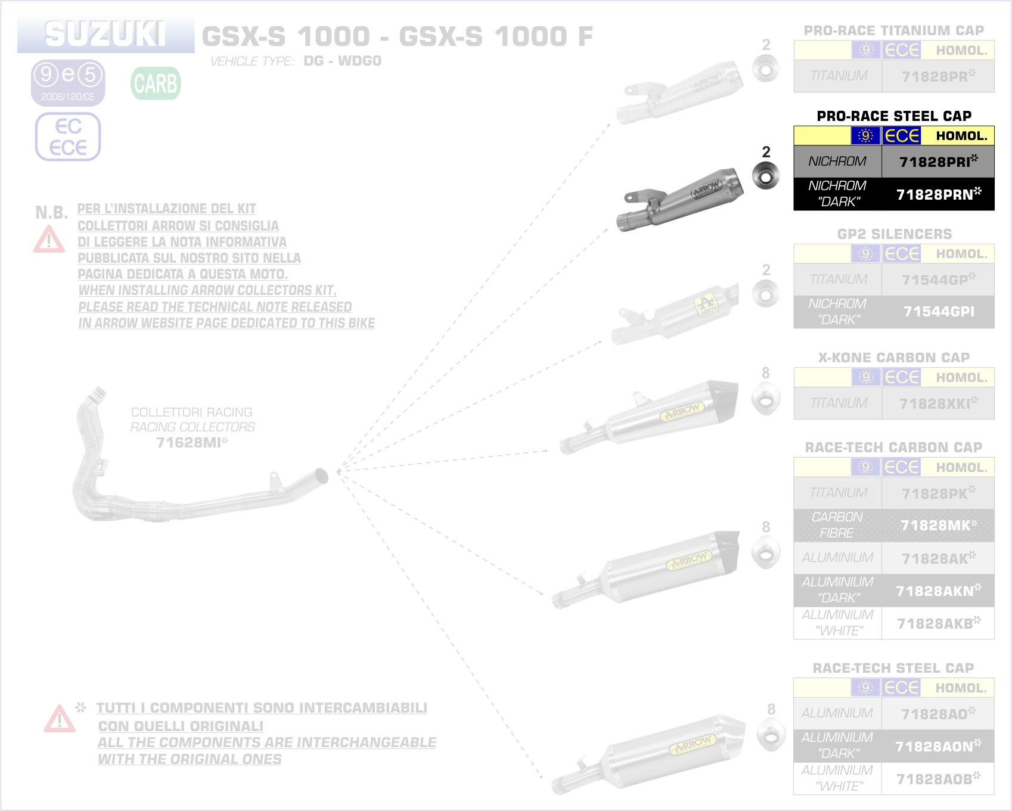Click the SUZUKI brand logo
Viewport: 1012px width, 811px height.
(x=105, y=34)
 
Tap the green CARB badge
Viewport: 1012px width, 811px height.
(x=156, y=83)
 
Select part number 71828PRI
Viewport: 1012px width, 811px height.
(x=938, y=161)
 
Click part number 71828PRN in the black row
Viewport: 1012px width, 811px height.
(x=938, y=194)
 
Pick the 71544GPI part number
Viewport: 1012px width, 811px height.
(x=938, y=312)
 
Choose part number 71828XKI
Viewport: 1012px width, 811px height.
(x=938, y=403)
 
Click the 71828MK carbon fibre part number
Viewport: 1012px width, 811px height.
(x=938, y=525)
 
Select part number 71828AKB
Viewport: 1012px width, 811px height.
(x=938, y=623)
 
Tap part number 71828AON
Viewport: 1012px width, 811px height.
(x=938, y=746)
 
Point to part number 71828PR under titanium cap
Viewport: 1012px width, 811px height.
(x=938, y=76)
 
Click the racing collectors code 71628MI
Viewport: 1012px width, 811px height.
(x=191, y=442)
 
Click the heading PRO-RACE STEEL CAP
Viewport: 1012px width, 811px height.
(x=893, y=116)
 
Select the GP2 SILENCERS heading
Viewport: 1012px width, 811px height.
(x=894, y=234)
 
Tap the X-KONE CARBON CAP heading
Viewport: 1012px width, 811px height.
(x=893, y=358)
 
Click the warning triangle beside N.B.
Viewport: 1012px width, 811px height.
(x=49, y=240)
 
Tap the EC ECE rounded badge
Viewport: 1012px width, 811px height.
(x=68, y=137)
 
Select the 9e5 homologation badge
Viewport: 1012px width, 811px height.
(x=68, y=82)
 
